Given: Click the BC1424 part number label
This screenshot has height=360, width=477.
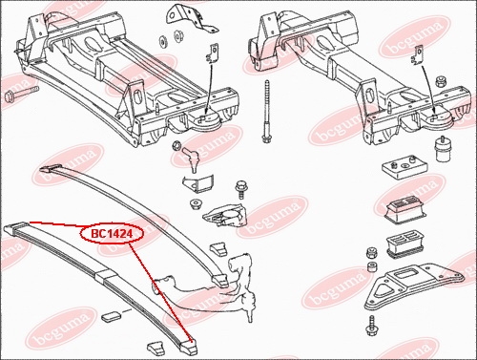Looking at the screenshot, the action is (112, 234).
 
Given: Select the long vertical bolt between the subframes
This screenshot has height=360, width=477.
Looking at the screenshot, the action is (266, 112).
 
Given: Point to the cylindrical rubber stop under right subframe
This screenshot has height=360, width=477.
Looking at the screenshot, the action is (441, 150).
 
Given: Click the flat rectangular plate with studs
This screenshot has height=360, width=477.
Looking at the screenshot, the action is (404, 168).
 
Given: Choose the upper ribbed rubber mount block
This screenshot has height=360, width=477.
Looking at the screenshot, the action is (404, 210).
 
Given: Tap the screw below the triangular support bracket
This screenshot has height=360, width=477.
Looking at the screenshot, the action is (371, 327).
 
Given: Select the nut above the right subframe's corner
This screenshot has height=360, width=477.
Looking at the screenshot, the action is (441, 81).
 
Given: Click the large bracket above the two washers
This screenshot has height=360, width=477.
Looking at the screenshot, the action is (191, 18).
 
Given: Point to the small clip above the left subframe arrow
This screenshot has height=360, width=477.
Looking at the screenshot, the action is (214, 53).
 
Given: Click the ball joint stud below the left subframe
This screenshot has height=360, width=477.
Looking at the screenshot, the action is (192, 159).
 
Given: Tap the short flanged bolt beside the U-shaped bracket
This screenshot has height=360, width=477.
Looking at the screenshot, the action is (240, 190).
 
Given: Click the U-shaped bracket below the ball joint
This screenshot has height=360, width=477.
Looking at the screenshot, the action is (197, 183).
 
